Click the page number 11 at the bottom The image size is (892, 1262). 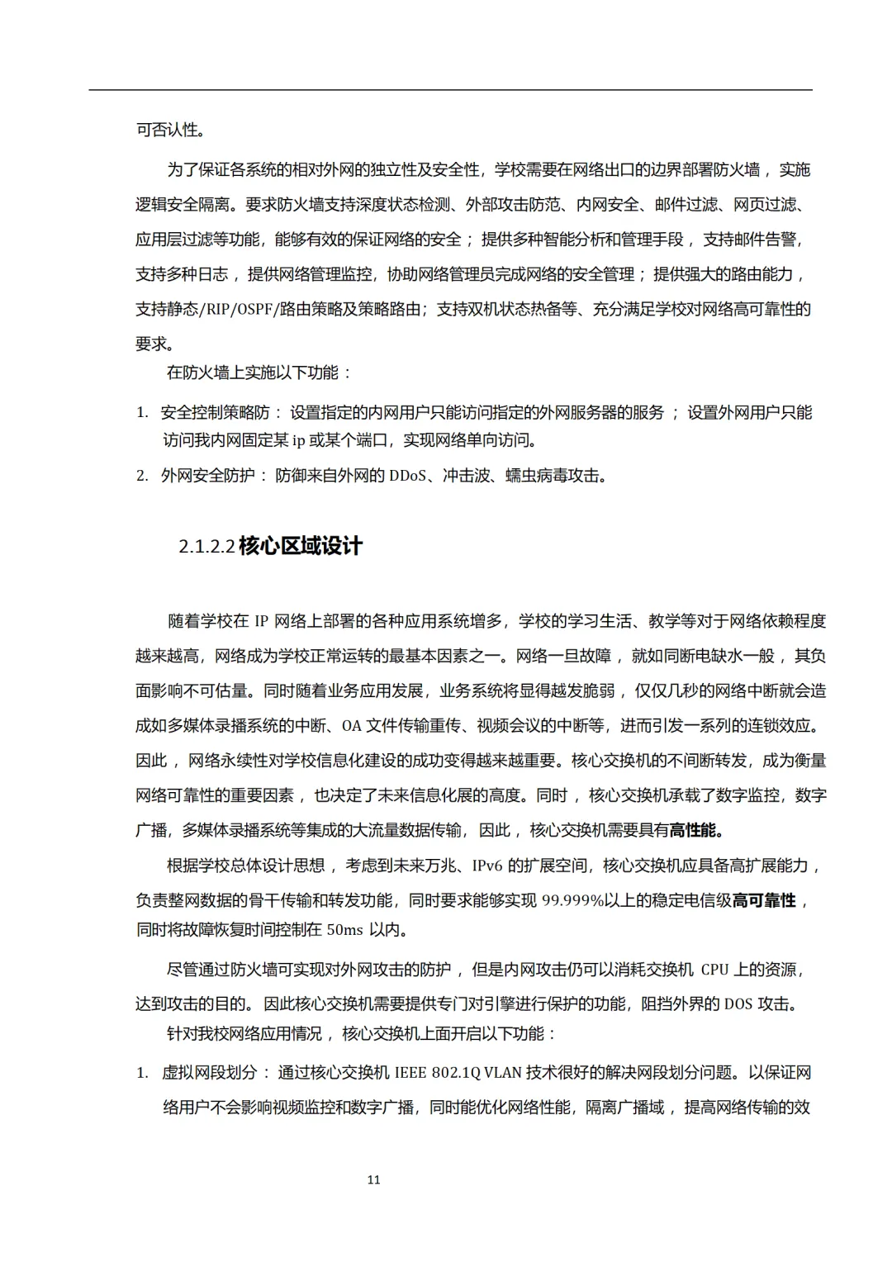pyautogui.click(x=373, y=1179)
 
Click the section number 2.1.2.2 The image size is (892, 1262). pyautogui.click(x=206, y=547)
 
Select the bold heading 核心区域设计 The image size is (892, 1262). pyautogui.click(x=301, y=546)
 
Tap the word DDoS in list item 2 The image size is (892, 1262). pyautogui.click(x=407, y=476)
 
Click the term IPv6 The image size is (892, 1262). pyautogui.click(x=487, y=866)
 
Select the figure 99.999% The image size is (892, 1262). pyautogui.click(x=573, y=900)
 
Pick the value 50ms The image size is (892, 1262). pyautogui.click(x=344, y=930)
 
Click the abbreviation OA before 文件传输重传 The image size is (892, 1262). pyautogui.click(x=352, y=726)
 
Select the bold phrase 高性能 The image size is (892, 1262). pyautogui.click(x=695, y=830)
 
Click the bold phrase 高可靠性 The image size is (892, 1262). pyautogui.click(x=765, y=900)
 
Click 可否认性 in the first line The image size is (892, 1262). pyautogui.click(x=168, y=130)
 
